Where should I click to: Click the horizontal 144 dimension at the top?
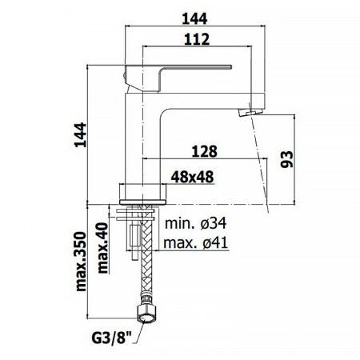[194, 19]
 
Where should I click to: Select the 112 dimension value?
[197, 39]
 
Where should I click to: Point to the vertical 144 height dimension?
[81, 135]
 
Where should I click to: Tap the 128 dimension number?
[205, 151]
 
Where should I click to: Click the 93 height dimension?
[287, 159]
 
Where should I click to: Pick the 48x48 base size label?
[192, 177]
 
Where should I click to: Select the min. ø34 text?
[196, 223]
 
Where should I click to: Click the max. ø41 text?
[196, 242]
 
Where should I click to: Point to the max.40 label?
[103, 248]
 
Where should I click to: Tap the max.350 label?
[81, 262]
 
